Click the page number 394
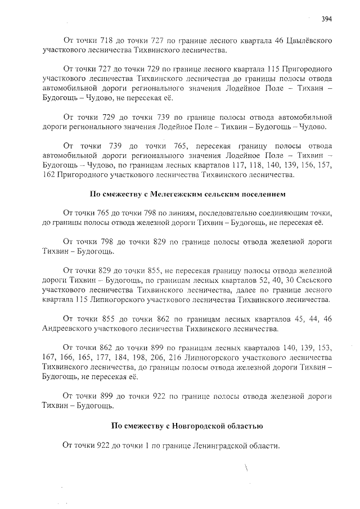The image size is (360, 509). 327,19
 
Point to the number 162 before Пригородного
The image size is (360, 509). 49,175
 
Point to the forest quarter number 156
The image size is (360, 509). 303,165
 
